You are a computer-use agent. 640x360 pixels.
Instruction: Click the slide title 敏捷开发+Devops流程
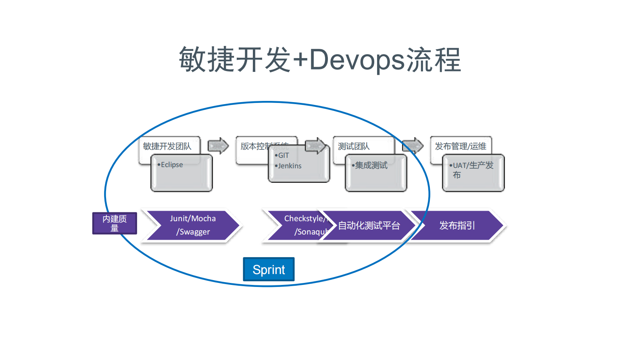tap(320, 60)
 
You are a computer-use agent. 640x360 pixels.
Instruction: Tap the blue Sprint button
tap(269, 269)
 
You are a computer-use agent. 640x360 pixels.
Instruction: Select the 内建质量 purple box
tap(115, 223)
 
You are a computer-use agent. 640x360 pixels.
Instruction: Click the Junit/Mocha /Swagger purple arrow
tap(193, 225)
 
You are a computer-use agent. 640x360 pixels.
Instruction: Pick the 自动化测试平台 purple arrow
tap(369, 226)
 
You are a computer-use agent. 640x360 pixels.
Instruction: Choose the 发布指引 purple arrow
tap(457, 226)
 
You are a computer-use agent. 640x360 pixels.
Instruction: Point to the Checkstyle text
tap(304, 218)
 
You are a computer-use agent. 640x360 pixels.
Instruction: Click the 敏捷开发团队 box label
tap(167, 146)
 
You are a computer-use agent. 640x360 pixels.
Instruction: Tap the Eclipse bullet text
tap(172, 165)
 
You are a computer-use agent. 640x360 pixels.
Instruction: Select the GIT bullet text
tap(284, 155)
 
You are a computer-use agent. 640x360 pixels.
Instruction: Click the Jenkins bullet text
tap(290, 166)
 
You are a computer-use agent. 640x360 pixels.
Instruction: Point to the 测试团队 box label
tap(354, 146)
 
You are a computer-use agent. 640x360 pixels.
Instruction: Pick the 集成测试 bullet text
tap(371, 165)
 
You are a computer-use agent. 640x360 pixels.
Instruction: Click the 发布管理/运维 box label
tap(461, 146)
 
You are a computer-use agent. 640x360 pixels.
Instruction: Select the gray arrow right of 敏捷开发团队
tap(218, 146)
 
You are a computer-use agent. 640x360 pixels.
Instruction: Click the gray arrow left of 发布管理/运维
tap(413, 146)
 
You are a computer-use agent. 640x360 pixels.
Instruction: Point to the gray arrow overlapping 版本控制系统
tap(315, 146)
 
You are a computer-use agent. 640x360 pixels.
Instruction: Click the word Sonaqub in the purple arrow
tap(311, 232)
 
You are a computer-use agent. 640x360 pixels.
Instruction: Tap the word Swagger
tap(194, 232)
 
